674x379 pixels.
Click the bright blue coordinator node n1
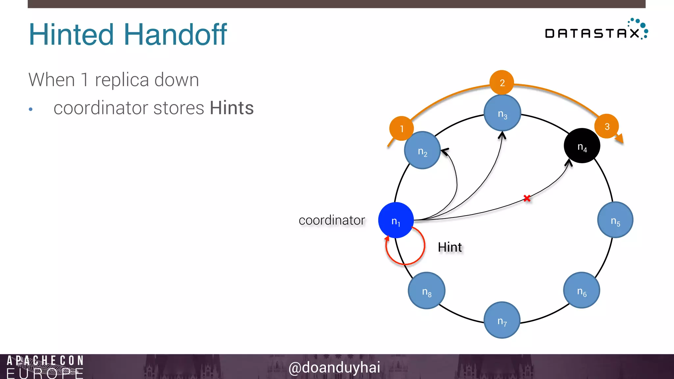click(x=396, y=220)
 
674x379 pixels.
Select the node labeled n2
click(x=422, y=150)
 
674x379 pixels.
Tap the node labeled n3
click(x=502, y=113)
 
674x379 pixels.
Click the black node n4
click(x=582, y=146)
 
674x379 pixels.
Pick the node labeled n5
click(x=615, y=220)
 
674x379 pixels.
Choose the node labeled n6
click(x=582, y=290)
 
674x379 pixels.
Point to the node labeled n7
click(x=502, y=320)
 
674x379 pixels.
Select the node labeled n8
click(x=427, y=291)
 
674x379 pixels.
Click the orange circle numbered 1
click(x=401, y=128)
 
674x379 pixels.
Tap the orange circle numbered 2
click(x=502, y=82)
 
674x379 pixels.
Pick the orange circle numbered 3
click(x=607, y=126)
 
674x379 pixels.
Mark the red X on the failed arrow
click(x=527, y=198)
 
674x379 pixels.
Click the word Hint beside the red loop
click(x=450, y=247)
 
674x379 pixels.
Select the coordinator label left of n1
click(x=332, y=220)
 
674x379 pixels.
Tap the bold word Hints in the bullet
click(x=232, y=108)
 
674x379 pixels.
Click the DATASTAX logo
click(x=596, y=32)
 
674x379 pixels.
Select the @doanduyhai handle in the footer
click(x=334, y=367)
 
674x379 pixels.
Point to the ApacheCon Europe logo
click(x=45, y=366)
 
